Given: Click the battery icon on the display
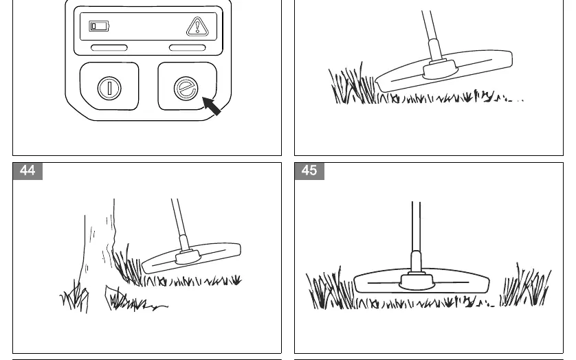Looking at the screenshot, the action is (x=99, y=26).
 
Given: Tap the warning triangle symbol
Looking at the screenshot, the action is (x=197, y=27).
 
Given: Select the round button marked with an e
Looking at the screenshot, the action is (x=186, y=89).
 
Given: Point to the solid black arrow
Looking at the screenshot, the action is (x=212, y=106).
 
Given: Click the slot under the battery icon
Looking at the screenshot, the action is (x=109, y=48).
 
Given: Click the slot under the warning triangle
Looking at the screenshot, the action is (x=188, y=48).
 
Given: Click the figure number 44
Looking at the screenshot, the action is (x=27, y=171).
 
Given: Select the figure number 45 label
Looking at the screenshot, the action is (x=309, y=171).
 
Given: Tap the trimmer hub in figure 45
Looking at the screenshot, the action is (x=417, y=281).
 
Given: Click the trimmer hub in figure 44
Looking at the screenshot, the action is (x=188, y=256).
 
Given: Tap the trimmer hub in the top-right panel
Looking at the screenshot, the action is (x=440, y=69).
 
